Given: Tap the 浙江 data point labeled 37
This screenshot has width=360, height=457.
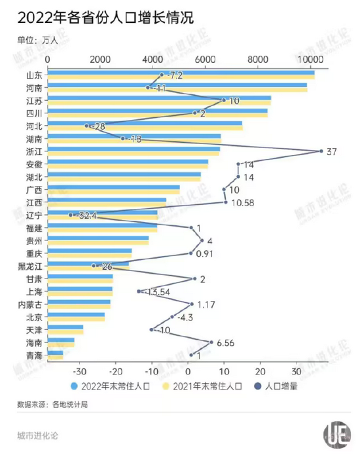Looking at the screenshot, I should tap(321, 151).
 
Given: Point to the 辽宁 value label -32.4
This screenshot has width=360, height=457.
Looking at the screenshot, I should tap(86, 215).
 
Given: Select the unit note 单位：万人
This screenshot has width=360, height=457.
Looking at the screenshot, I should tap(38, 41).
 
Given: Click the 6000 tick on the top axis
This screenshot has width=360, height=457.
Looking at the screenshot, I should tap(206, 60).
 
